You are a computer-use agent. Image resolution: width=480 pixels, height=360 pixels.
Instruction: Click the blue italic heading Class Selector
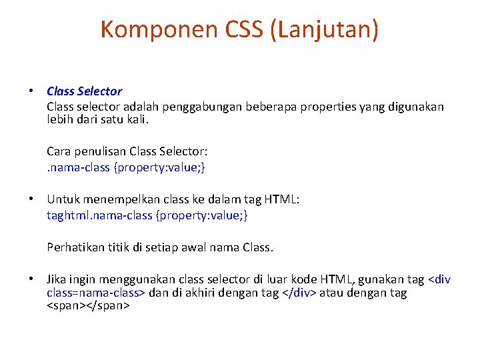[84, 91]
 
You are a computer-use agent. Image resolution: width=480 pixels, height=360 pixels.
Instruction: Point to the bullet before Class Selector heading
[31, 91]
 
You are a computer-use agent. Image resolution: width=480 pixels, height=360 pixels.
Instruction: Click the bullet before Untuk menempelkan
[31, 199]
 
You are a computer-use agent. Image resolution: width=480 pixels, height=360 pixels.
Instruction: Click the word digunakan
[415, 107]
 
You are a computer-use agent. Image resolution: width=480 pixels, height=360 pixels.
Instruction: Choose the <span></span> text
[88, 306]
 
